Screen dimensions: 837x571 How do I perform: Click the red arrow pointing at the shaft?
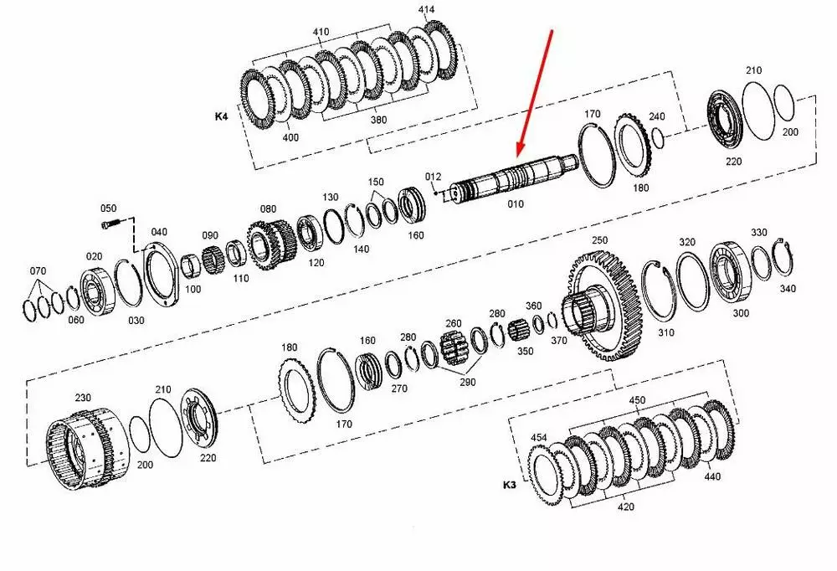(534, 93)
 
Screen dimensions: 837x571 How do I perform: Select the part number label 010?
(515, 204)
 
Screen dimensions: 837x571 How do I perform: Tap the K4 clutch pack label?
(221, 116)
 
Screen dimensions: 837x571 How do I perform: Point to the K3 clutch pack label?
(509, 485)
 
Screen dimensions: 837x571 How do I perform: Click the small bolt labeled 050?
(108, 224)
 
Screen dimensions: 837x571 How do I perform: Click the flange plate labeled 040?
(160, 274)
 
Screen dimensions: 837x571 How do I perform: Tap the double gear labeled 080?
(272, 245)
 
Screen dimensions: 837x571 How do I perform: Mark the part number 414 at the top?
(425, 9)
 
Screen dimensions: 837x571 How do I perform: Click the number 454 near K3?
(538, 438)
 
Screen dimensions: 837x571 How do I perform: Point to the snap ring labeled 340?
(783, 258)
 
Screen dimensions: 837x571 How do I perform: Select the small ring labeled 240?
(658, 139)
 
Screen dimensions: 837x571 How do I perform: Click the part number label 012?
(433, 177)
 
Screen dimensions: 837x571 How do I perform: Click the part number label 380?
(378, 120)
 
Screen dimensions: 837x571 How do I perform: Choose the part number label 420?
(625, 507)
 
